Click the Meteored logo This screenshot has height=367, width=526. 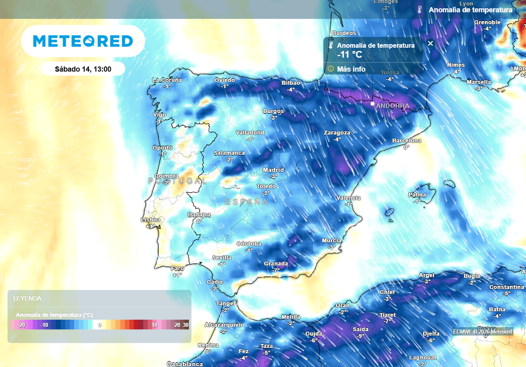[83, 41]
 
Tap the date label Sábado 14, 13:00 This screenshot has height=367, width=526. [83, 69]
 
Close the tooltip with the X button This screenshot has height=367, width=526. [430, 44]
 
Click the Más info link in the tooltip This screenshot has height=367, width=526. [351, 69]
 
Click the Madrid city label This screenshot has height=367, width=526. [273, 170]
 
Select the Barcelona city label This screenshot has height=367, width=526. [407, 141]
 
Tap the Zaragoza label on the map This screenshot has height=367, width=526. [337, 133]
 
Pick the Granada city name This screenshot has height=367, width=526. [276, 264]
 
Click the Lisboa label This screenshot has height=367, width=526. [151, 220]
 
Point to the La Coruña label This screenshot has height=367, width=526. [167, 80]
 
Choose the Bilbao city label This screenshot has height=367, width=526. [291, 83]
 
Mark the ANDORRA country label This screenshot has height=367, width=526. [393, 106]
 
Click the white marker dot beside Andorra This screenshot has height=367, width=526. [373, 103]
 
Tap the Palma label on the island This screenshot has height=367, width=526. [417, 195]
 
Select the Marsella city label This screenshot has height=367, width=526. [479, 82]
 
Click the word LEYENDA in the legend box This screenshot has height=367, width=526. [27, 298]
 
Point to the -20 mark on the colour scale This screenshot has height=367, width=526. [22, 325]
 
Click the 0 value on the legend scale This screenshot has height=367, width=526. [100, 325]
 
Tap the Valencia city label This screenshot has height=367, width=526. [348, 198]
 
